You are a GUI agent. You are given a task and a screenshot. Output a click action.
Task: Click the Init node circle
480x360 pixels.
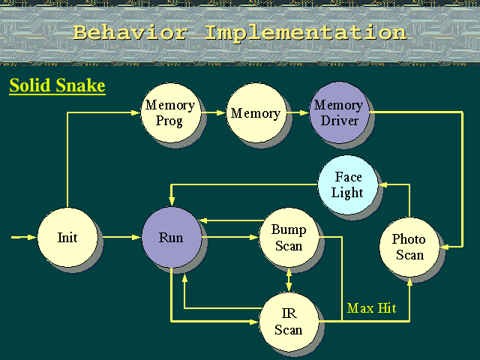coord(67,237)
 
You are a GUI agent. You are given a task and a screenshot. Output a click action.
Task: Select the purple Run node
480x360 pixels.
coord(172,237)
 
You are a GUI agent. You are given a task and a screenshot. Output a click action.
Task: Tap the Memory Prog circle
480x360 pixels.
coord(170,113)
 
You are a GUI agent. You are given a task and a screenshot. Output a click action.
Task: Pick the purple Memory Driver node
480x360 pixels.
coord(339,112)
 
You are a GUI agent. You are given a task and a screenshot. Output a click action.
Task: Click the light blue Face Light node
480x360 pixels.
coord(348,184)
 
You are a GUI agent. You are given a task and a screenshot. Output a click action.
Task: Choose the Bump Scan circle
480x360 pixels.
coord(289,237)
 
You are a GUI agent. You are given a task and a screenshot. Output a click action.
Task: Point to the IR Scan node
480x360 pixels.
coord(289,322)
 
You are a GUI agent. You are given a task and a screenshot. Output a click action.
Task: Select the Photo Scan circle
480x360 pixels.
coord(409,247)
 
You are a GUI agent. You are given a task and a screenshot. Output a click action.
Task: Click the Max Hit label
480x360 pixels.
coord(372,308)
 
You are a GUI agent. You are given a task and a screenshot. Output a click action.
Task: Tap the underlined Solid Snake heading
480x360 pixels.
coord(57,85)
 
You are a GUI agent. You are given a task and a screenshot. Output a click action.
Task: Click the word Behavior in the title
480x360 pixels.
coord(130,32)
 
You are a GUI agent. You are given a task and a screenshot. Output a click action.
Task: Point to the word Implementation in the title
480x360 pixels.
coord(305,32)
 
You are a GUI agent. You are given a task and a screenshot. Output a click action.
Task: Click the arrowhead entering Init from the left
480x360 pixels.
coord(32,237)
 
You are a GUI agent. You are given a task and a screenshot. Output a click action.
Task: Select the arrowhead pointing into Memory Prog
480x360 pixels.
coord(136,113)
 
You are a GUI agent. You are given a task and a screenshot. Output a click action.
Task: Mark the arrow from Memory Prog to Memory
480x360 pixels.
coord(213,113)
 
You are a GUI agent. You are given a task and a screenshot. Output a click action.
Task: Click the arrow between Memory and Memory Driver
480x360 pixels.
coord(298,113)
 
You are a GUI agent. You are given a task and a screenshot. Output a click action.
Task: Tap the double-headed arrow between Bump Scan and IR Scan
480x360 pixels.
coord(289,280)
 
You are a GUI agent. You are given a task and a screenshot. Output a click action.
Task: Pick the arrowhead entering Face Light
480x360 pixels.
coord(383,184)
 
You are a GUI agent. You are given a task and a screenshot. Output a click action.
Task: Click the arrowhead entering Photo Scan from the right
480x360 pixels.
coord(445,247)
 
